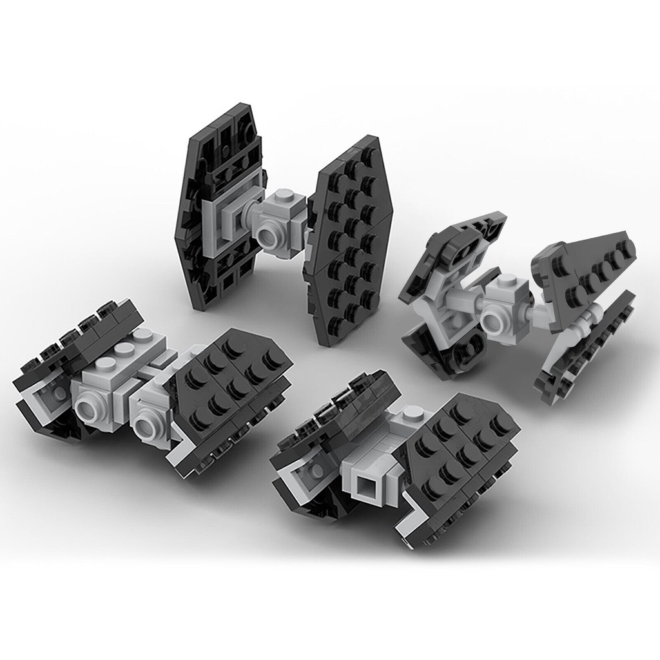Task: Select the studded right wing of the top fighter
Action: (351, 238)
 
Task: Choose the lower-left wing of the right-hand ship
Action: (445, 348)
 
